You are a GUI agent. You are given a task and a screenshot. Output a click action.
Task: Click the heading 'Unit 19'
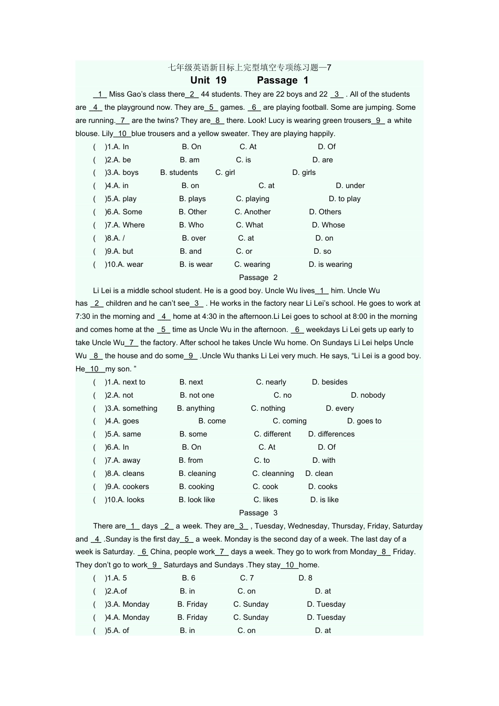click(x=208, y=80)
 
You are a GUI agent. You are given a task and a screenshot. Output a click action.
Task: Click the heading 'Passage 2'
click(x=258, y=277)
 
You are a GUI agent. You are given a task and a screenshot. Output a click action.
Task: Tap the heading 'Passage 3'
click(x=258, y=513)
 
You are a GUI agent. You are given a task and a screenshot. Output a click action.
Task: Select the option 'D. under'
click(x=350, y=185)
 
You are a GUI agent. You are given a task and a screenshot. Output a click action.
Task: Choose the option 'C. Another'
click(x=253, y=212)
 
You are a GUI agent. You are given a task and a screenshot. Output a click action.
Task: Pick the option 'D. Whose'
click(x=328, y=225)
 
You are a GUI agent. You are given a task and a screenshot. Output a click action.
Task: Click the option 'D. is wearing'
click(x=330, y=264)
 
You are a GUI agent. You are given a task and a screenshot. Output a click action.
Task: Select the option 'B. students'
click(x=179, y=172)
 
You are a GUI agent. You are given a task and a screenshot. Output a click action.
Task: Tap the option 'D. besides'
click(x=329, y=382)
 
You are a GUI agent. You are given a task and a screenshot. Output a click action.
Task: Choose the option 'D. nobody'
click(x=368, y=395)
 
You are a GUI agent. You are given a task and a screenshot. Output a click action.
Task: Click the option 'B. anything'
click(x=195, y=408)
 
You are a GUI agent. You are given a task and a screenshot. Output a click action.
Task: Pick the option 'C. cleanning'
click(x=273, y=473)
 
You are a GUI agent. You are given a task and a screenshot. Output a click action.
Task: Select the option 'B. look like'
click(x=196, y=500)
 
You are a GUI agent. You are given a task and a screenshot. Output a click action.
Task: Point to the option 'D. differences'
click(x=331, y=434)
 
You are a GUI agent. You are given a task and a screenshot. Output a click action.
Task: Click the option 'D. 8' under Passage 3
click(x=305, y=578)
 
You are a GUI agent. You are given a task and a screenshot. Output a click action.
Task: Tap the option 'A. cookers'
click(x=127, y=486)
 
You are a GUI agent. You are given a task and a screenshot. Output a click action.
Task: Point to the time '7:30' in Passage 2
click(x=82, y=316)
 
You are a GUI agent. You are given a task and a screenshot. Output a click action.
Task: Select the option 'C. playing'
click(x=252, y=199)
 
